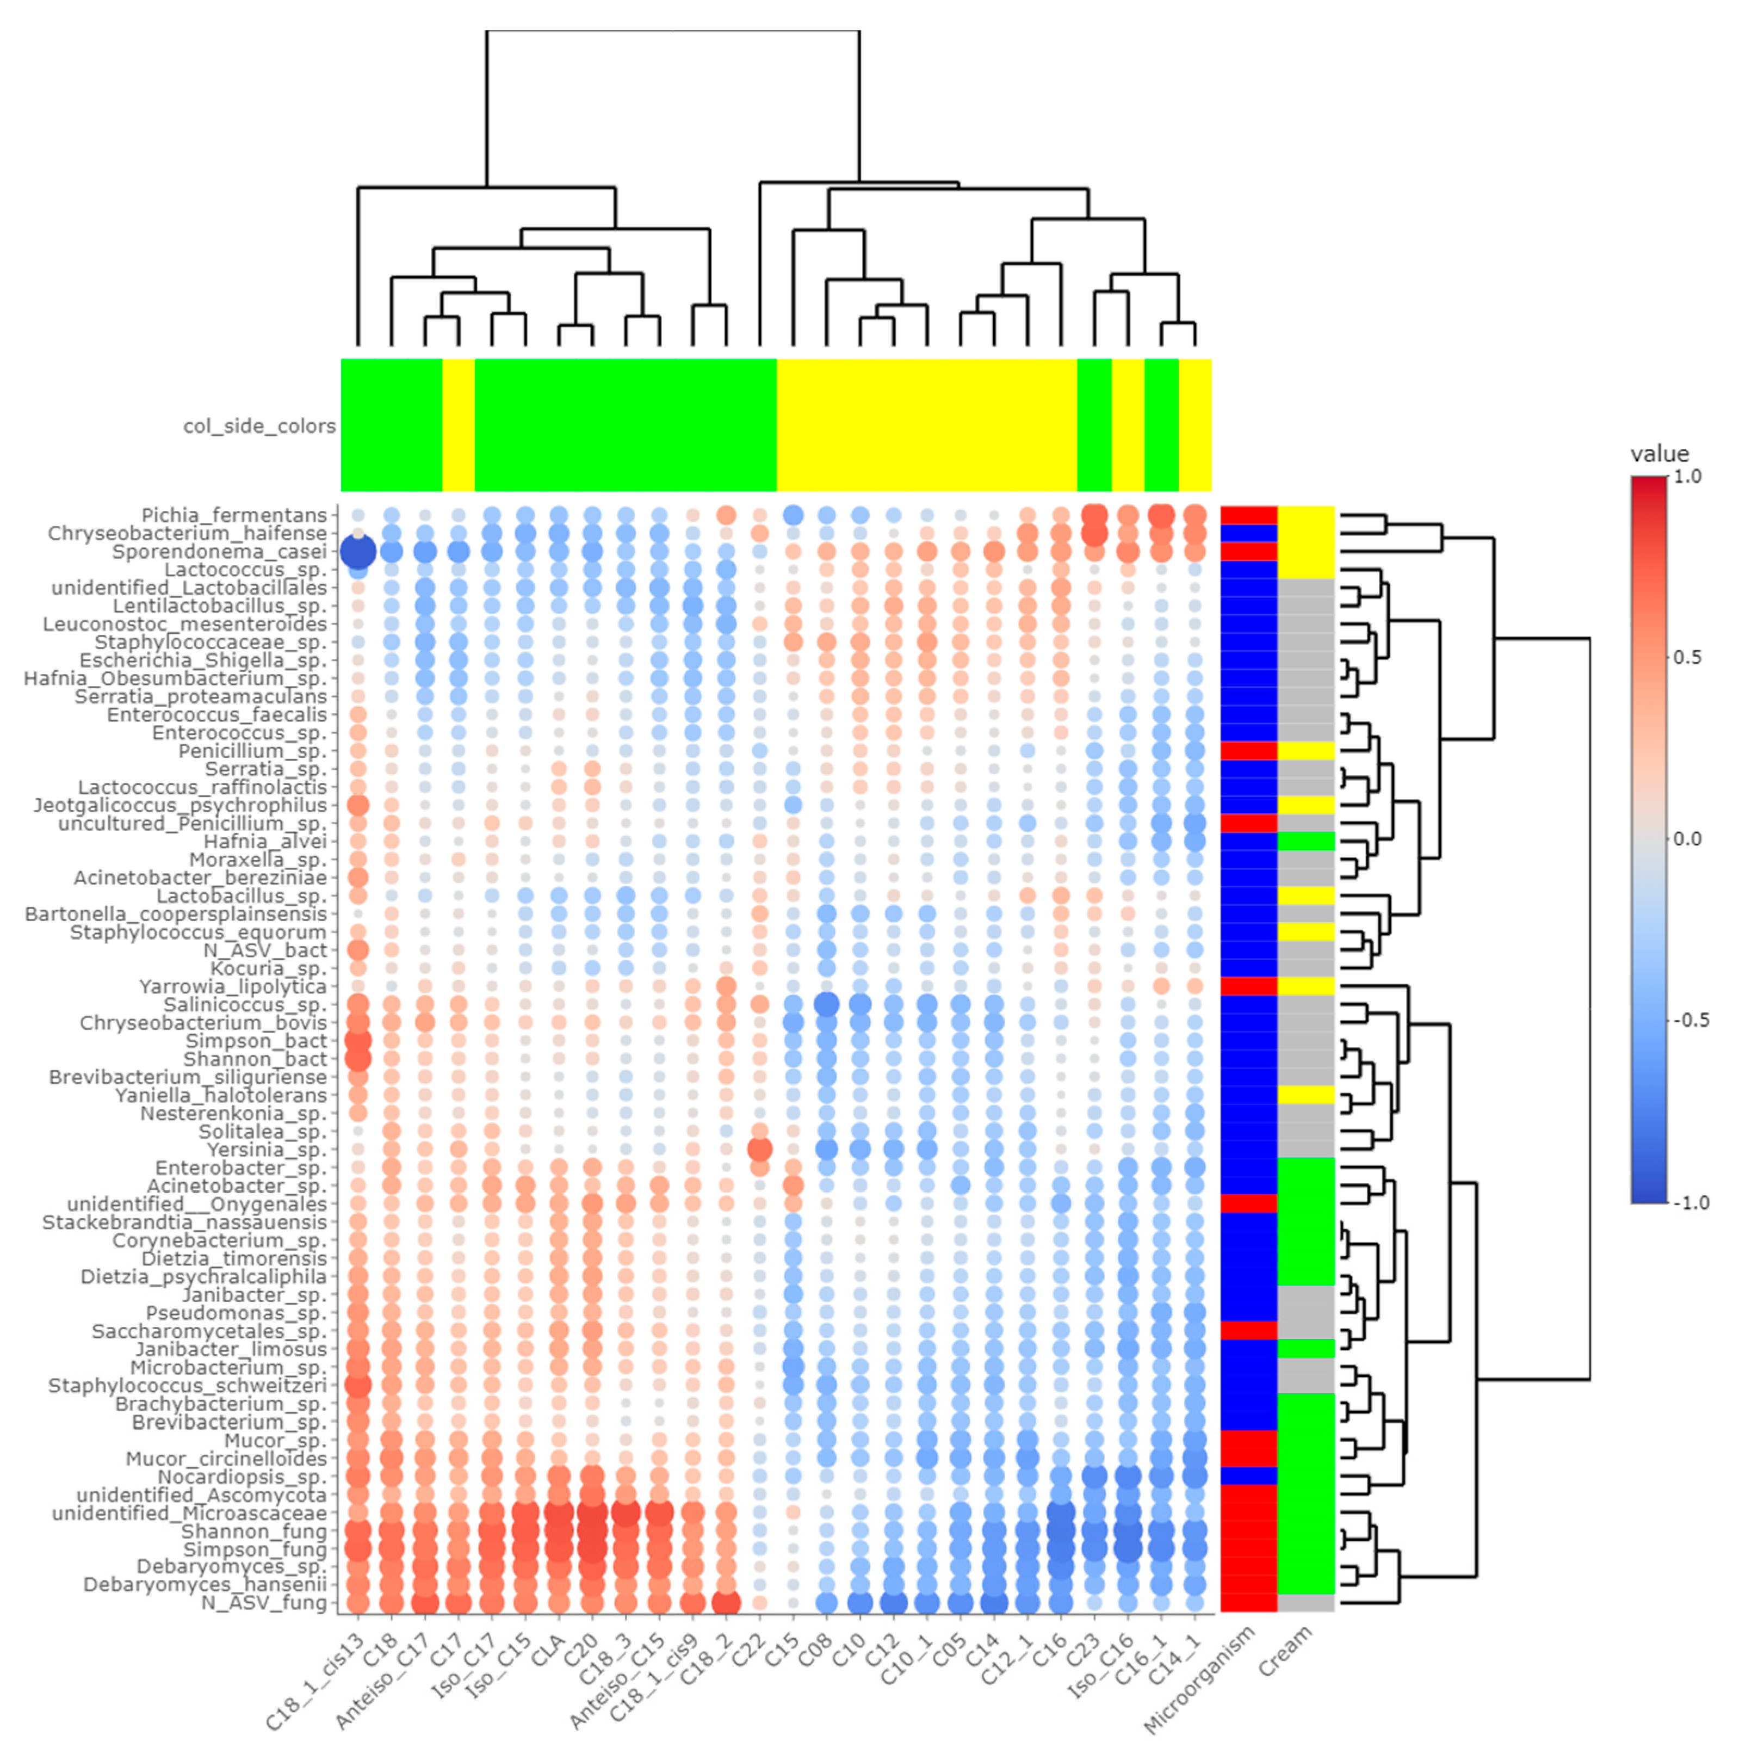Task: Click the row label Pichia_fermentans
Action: coord(233,516)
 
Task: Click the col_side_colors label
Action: coord(259,427)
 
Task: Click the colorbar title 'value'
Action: coord(1659,454)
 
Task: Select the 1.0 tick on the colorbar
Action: coord(1687,477)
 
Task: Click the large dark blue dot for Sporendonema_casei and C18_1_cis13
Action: coord(358,552)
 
